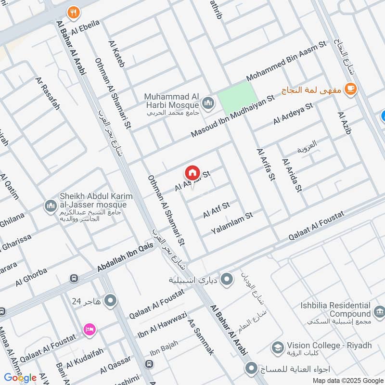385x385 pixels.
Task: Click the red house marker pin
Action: click(x=192, y=172)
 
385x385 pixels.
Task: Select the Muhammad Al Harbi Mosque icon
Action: click(x=208, y=102)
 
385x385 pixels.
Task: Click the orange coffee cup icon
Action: click(x=350, y=89)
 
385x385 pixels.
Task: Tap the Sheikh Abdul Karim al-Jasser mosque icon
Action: click(x=51, y=206)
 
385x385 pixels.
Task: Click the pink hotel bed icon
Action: click(x=90, y=329)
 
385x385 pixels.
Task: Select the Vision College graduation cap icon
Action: click(x=278, y=346)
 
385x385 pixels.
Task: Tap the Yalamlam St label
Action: click(x=232, y=224)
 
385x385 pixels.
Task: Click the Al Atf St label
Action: click(x=217, y=209)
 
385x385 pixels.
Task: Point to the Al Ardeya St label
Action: click(x=293, y=114)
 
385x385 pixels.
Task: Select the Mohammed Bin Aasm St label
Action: click(x=286, y=61)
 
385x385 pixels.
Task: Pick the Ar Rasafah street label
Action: click(x=47, y=93)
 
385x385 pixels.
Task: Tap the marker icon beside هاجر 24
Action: click(x=111, y=301)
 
